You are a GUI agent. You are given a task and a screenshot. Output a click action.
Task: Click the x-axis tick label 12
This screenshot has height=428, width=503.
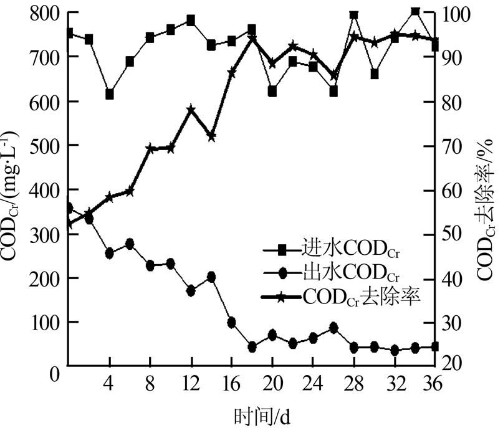[x=191, y=382]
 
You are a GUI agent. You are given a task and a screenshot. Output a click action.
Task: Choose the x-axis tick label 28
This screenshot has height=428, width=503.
[x=353, y=382]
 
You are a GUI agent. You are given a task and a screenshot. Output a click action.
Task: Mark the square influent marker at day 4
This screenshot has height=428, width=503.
[x=110, y=94]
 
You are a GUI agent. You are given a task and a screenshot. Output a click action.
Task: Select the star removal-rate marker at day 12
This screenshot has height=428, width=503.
[x=191, y=110]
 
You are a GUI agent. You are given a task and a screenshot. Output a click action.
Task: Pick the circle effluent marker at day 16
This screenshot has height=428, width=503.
[x=231, y=322]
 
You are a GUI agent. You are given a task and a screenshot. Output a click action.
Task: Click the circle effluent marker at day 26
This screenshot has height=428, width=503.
[x=333, y=328]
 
